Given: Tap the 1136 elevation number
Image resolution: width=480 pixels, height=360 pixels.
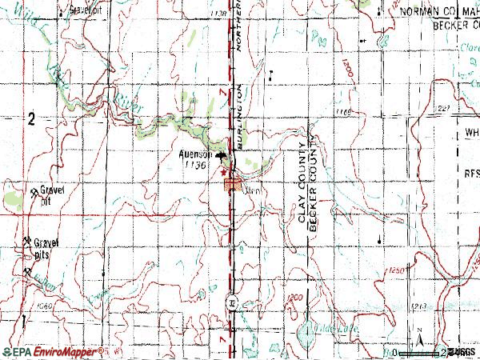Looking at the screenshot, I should pos(194,164).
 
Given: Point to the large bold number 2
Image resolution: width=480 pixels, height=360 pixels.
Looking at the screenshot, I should pos(30,120).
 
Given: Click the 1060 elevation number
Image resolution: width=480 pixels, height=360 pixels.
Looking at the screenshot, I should pos(43,306).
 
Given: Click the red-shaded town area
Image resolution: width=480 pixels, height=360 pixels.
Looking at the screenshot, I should pos(234,186).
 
